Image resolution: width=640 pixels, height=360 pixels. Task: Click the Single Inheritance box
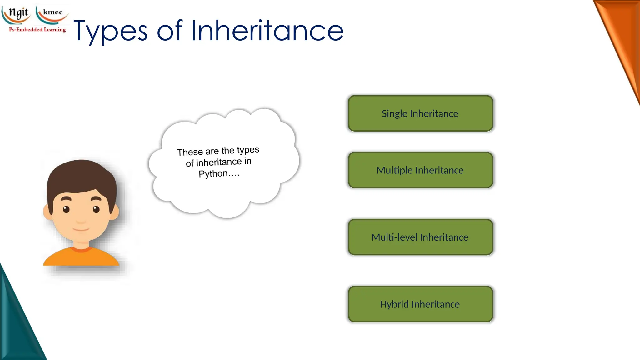point(420,113)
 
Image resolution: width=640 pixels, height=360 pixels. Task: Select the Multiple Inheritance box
point(420,170)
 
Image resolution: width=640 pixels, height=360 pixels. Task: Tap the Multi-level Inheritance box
point(420,237)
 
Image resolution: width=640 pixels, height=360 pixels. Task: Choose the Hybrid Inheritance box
point(420,304)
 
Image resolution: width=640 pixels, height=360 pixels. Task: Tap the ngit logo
point(18,13)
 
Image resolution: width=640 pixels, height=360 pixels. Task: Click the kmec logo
point(52,13)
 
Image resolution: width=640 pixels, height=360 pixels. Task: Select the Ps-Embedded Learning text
point(37,30)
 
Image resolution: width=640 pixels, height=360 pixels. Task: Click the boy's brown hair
point(81,175)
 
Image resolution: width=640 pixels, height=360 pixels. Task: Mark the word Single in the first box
point(394,114)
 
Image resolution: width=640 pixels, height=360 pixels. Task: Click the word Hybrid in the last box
point(394,304)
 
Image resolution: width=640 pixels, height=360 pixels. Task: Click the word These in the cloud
point(190,152)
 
